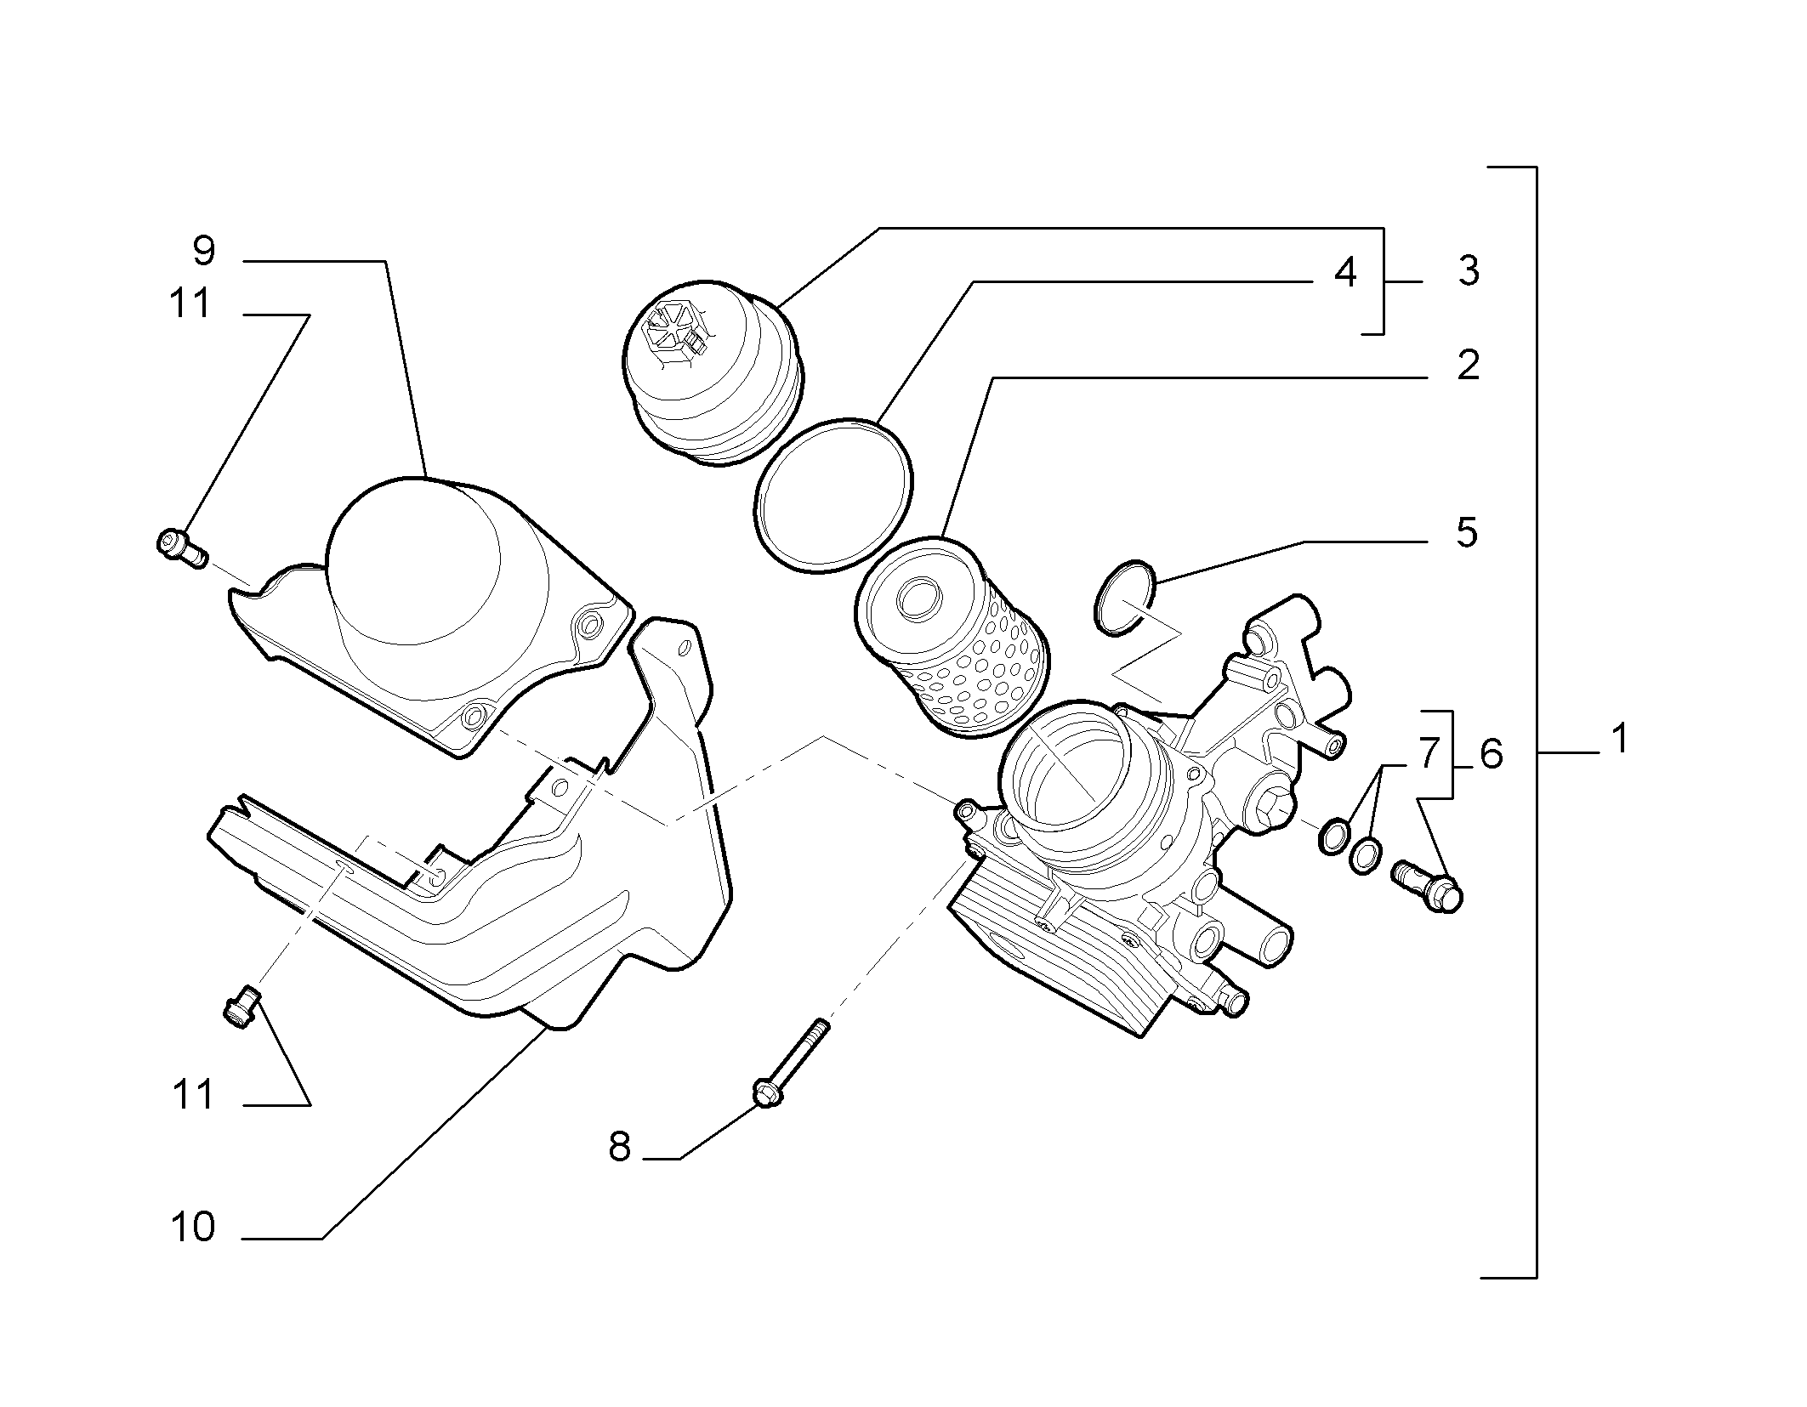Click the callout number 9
pos(204,251)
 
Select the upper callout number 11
pos(190,304)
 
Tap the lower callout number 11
pos(193,1095)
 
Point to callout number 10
pos(194,1228)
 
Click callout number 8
pos(620,1148)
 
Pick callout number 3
pos(1468,271)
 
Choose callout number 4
pos(1344,273)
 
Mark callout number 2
pos(1468,366)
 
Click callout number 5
pos(1467,532)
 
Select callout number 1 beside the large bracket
pos(1621,739)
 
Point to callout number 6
pos(1492,754)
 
